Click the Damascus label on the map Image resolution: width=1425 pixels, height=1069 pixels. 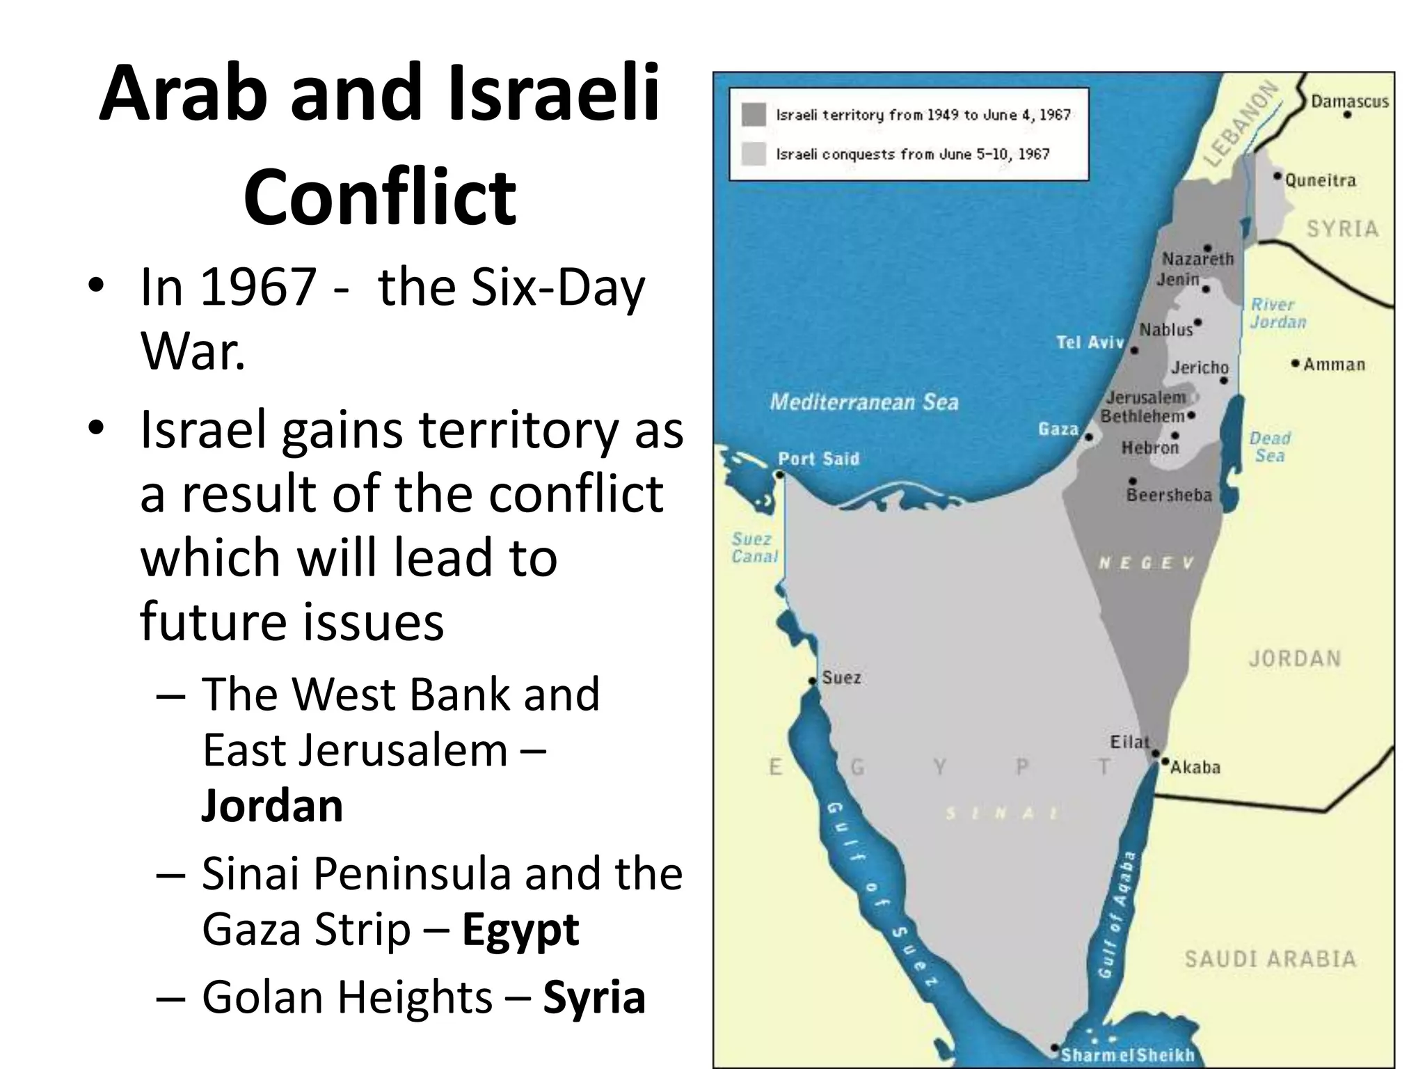pos(1349,102)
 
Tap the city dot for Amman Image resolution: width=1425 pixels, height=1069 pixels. pos(1295,363)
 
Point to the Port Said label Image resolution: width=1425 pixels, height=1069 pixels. pos(818,459)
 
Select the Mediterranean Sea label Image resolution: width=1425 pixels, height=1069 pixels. pos(863,402)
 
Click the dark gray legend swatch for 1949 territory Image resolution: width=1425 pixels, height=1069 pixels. pos(754,115)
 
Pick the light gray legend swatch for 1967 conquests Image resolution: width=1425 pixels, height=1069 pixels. pos(754,154)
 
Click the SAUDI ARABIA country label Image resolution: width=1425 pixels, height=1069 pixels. pos(1270,959)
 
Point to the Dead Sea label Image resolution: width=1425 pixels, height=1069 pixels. pos(1270,447)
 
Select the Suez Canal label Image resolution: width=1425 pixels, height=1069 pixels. pos(754,548)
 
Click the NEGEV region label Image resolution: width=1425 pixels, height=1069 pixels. pos(1145,563)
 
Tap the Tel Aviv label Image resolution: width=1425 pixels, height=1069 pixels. pos(1090,342)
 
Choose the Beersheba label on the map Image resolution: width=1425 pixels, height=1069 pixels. pos(1169,495)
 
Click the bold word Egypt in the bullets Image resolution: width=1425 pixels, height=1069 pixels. pos(520,930)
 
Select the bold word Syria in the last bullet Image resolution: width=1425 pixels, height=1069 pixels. pos(594,997)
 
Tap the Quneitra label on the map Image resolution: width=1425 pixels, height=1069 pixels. pos(1320,181)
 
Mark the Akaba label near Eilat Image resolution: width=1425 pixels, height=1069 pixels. pos(1195,768)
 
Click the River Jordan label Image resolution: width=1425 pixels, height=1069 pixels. pos(1277,313)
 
